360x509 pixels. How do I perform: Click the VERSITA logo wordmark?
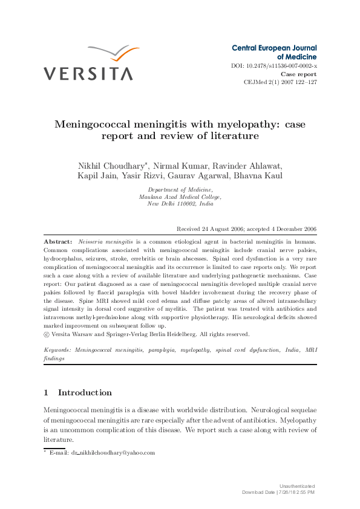(x=88, y=74)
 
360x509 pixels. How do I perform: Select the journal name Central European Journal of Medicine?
(x=274, y=52)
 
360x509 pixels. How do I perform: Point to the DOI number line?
(x=274, y=65)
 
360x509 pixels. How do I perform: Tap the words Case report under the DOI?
(x=299, y=74)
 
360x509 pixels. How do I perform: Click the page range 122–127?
(x=304, y=82)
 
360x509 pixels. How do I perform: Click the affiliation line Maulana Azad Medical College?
(x=180, y=196)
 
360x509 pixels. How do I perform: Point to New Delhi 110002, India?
(x=180, y=204)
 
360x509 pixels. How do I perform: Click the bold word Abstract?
(x=58, y=241)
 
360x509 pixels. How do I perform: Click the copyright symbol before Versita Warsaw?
(x=47, y=334)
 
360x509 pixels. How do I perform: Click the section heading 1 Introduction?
(x=77, y=392)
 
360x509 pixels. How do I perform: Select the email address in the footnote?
(x=113, y=452)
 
